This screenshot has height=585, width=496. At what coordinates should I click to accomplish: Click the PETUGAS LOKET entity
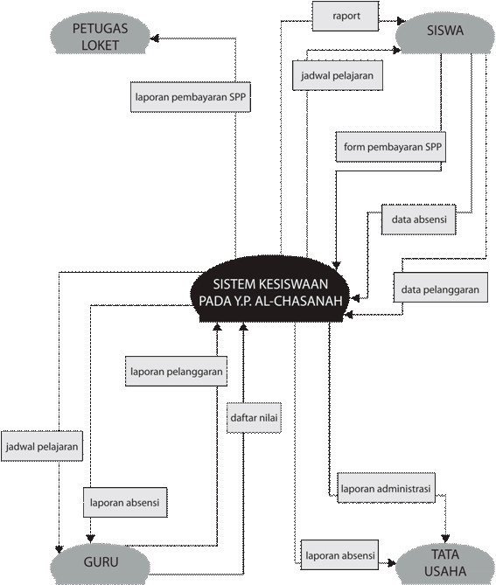pyautogui.click(x=100, y=36)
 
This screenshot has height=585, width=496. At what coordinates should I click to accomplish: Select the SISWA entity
pyautogui.click(x=445, y=32)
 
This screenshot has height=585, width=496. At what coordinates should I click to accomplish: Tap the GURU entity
pyautogui.click(x=101, y=563)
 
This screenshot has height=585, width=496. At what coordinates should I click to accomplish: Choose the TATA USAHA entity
pyautogui.click(x=445, y=563)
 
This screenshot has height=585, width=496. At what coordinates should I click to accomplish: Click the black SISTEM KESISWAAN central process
pyautogui.click(x=270, y=291)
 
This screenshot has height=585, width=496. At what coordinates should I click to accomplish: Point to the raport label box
pyautogui.click(x=346, y=16)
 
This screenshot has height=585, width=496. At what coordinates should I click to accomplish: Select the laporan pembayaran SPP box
pyautogui.click(x=191, y=97)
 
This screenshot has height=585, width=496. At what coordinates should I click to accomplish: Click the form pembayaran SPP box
pyautogui.click(x=391, y=147)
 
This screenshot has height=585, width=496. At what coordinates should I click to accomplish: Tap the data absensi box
pyautogui.click(x=419, y=219)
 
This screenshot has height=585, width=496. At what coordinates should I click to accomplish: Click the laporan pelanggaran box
pyautogui.click(x=176, y=372)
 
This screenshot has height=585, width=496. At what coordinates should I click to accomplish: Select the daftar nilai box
pyautogui.click(x=254, y=418)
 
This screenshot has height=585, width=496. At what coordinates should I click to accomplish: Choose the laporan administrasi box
pyautogui.click(x=387, y=488)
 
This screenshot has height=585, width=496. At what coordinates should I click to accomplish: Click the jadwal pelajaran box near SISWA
pyautogui.click(x=338, y=75)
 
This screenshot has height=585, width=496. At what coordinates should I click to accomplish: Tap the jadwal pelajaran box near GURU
pyautogui.click(x=42, y=446)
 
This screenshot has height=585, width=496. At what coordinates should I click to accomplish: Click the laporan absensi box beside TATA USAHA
pyautogui.click(x=339, y=554)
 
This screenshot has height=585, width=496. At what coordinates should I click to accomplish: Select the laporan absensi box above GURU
pyautogui.click(x=125, y=502)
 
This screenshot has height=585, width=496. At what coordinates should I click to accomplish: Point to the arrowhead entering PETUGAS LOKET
pyautogui.click(x=155, y=38)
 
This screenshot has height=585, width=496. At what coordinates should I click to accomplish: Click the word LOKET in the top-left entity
pyautogui.click(x=100, y=45)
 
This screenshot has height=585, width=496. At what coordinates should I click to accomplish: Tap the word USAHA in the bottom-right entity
pyautogui.click(x=445, y=571)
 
